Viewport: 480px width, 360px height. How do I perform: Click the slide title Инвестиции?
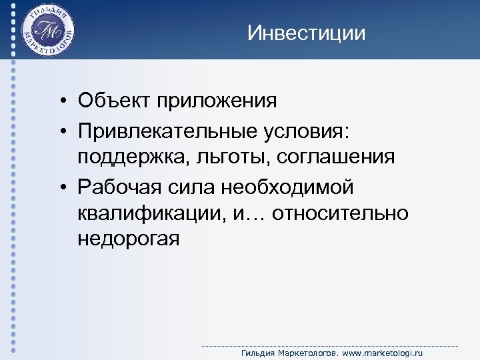(x=306, y=33)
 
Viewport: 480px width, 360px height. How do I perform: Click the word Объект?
(x=114, y=101)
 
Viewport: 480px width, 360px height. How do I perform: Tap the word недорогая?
(x=128, y=239)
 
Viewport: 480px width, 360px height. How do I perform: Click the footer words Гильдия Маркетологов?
(x=288, y=352)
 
